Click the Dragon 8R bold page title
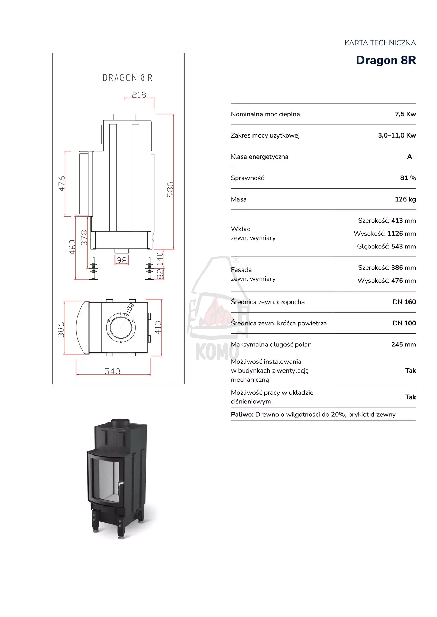point(386,60)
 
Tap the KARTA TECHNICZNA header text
point(380,43)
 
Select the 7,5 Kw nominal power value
point(405,114)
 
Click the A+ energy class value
point(412,157)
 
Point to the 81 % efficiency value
point(408,178)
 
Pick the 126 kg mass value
point(405,199)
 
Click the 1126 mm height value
point(401,234)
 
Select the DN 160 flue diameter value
point(404,302)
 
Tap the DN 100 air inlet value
point(404,323)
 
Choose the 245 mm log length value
point(404,344)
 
